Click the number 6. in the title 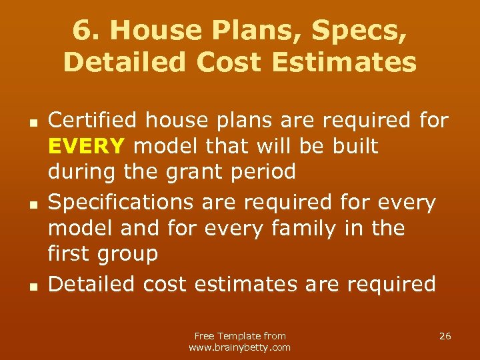pos(85,29)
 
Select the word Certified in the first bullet pos(94,121)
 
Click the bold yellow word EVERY pos(86,146)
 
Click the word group pos(128,254)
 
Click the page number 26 pos(445,336)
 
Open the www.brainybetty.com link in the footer pos(240,347)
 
